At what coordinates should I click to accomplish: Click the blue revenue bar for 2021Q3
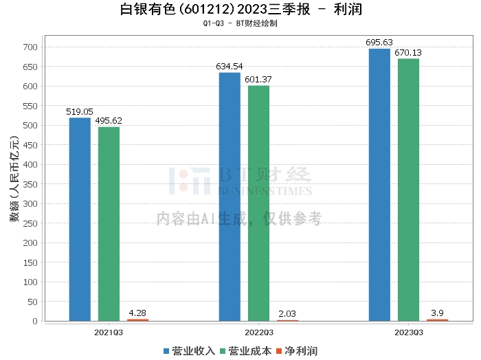tap(80, 219)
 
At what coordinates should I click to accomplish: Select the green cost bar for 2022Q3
tap(258, 203)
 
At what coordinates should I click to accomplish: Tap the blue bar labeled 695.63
tap(379, 185)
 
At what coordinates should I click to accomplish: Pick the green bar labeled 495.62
tap(109, 224)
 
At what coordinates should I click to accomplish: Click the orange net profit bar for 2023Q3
tap(438, 320)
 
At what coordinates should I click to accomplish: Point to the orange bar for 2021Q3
tap(137, 320)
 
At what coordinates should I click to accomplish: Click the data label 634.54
tap(229, 67)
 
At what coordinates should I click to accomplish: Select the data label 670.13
tap(408, 53)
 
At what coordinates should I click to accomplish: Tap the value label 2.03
tap(287, 314)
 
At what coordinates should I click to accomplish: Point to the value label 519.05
tap(80, 111)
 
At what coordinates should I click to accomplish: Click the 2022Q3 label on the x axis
tap(259, 333)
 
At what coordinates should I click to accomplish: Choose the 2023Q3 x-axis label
tap(409, 333)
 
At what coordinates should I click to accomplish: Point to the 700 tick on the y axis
tap(30, 47)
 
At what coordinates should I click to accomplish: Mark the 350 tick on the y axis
tap(30, 184)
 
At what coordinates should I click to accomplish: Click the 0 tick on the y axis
tap(35, 322)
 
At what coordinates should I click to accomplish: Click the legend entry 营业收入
tap(189, 351)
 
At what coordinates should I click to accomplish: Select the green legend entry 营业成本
tap(246, 351)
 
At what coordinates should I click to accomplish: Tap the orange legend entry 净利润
tap(297, 351)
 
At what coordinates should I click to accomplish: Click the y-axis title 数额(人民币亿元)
tap(14, 179)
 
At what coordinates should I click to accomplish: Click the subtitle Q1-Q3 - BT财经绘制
tap(240, 23)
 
